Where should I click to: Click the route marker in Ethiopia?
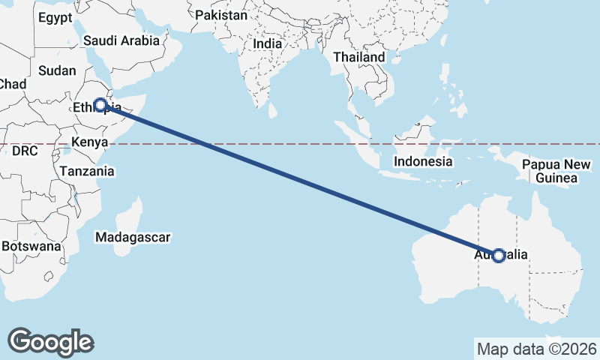click(x=100, y=105)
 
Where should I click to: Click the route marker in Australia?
click(x=499, y=256)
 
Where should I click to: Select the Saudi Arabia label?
click(x=121, y=40)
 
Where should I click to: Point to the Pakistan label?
click(x=220, y=15)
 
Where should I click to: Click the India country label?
click(x=268, y=43)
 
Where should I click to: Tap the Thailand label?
click(x=358, y=57)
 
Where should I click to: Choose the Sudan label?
click(x=57, y=70)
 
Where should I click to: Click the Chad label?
click(x=11, y=85)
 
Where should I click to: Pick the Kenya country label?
click(x=90, y=142)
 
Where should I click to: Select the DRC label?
click(x=25, y=151)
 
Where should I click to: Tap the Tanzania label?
click(x=88, y=171)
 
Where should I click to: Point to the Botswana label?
click(x=30, y=246)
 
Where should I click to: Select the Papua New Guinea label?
click(x=556, y=171)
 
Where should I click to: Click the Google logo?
click(x=50, y=342)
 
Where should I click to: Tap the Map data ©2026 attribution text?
click(x=536, y=349)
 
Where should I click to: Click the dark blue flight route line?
click(x=300, y=181)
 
